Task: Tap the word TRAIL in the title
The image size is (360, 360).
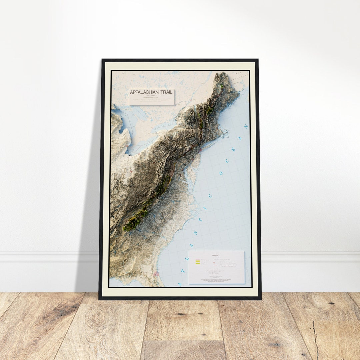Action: (x=166, y=92)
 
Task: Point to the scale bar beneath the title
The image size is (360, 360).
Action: (x=152, y=99)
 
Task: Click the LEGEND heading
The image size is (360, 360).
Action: (x=216, y=256)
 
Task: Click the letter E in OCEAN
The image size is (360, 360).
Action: (x=233, y=150)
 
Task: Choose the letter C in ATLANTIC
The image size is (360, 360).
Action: (x=210, y=196)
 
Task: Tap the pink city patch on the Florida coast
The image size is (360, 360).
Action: (x=156, y=274)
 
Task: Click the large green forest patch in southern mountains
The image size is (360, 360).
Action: (x=135, y=221)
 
